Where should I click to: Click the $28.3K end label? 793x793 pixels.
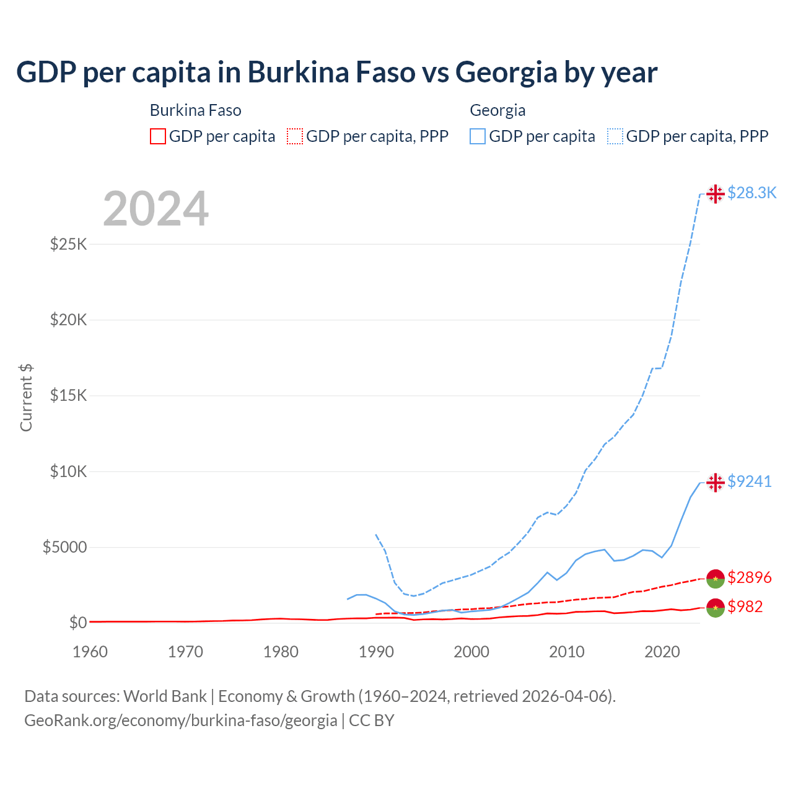pyautogui.click(x=751, y=193)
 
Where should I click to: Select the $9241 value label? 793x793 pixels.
pyautogui.click(x=749, y=481)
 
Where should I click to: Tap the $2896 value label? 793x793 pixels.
pyautogui.click(x=749, y=577)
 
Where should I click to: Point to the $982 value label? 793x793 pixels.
pyautogui.click(x=745, y=607)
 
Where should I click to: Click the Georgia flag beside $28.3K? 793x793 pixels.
pyautogui.click(x=716, y=194)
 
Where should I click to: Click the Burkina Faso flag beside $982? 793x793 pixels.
pyautogui.click(x=716, y=608)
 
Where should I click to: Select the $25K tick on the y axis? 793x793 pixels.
pyautogui.click(x=68, y=244)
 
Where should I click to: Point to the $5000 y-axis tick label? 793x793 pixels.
pyautogui.click(x=64, y=548)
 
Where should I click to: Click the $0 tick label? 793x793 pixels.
pyautogui.click(x=77, y=623)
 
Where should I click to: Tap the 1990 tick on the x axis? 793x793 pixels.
pyautogui.click(x=376, y=652)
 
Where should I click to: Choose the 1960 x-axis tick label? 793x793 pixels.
pyautogui.click(x=90, y=652)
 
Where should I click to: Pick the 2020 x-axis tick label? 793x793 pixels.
pyautogui.click(x=662, y=652)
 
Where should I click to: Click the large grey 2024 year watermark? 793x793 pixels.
pyautogui.click(x=156, y=209)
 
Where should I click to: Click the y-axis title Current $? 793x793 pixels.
pyautogui.click(x=26, y=398)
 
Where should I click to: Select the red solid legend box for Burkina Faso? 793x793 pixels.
pyautogui.click(x=158, y=136)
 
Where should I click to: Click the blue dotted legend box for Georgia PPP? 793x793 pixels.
pyautogui.click(x=615, y=136)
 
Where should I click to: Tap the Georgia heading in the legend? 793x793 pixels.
pyautogui.click(x=497, y=110)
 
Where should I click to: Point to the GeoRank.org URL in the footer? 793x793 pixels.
pyautogui.click(x=180, y=721)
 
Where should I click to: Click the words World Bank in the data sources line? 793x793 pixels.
pyautogui.click(x=165, y=696)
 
